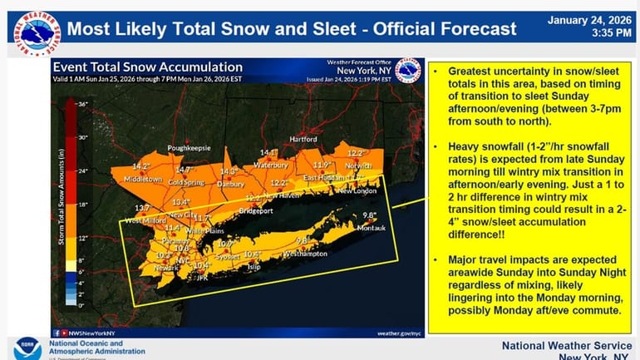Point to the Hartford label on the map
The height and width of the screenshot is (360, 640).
[x=303, y=139]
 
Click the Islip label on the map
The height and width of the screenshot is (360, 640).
[x=255, y=269]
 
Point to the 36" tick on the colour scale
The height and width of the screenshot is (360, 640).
[x=82, y=104]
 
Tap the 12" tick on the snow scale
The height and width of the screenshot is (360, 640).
[x=82, y=238]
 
